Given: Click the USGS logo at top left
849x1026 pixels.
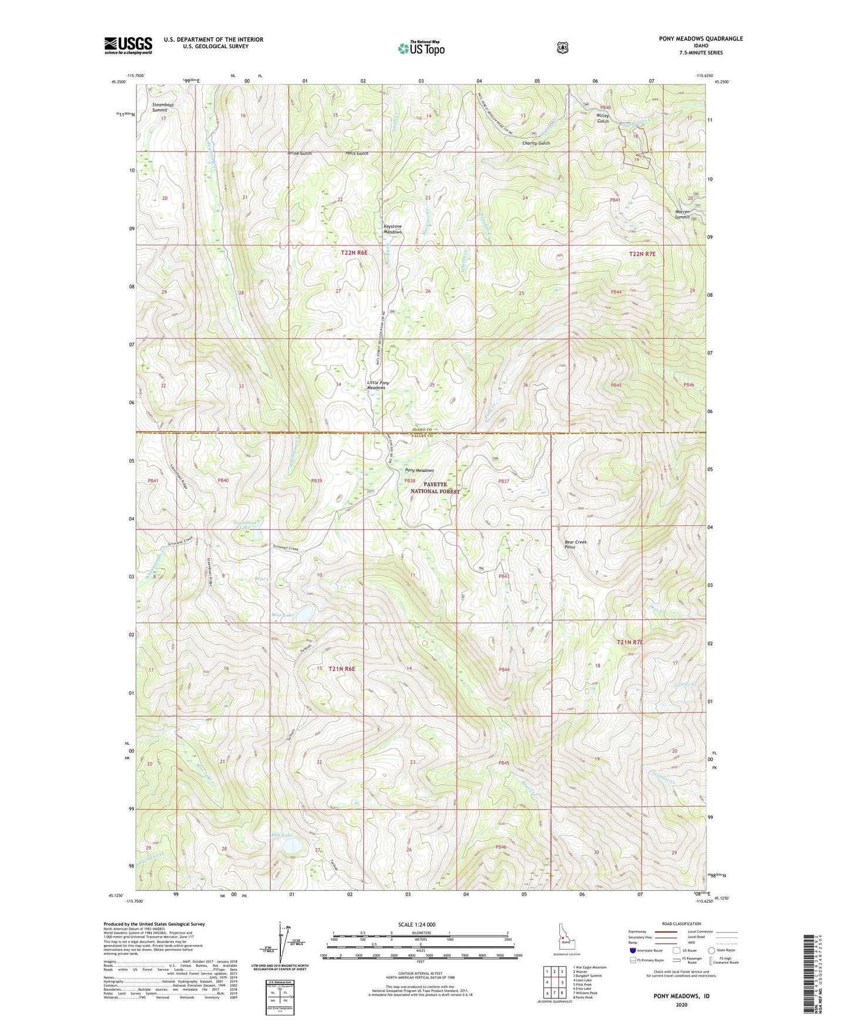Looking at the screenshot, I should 128,45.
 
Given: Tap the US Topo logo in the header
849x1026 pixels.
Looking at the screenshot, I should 420,49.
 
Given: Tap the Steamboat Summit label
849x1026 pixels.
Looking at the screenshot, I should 163,108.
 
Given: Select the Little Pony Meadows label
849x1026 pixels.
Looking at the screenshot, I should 378,385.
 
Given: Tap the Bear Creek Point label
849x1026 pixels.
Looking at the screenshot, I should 575,544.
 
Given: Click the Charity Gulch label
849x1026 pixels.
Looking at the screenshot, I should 536,143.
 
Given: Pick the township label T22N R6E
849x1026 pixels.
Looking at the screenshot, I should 354,253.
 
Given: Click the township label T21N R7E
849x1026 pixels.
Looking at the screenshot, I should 630,642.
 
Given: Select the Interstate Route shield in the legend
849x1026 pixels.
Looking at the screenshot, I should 633,966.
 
